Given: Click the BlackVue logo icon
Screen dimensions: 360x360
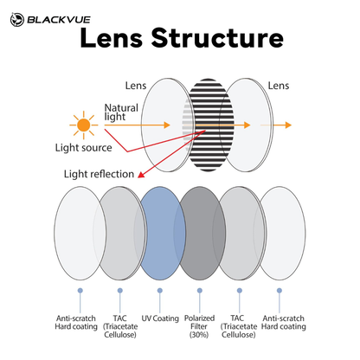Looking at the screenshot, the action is (x=17, y=20).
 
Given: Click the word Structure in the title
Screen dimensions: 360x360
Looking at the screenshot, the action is (x=217, y=38).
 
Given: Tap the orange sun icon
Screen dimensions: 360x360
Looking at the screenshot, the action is (x=84, y=125).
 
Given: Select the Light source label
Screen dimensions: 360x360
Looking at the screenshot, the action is (x=84, y=148).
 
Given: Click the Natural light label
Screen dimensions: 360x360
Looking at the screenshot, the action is (x=121, y=112).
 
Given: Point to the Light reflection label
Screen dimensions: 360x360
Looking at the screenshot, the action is (x=99, y=174).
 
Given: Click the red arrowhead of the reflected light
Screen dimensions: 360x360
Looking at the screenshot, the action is (x=141, y=174).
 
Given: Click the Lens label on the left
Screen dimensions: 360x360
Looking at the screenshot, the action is (x=136, y=86).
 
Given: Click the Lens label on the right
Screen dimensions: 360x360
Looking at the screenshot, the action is (x=279, y=86).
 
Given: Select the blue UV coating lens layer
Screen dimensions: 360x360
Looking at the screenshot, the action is (x=162, y=233).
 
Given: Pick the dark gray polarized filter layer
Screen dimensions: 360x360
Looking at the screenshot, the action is (x=201, y=233).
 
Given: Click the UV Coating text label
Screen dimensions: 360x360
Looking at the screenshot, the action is (x=160, y=318).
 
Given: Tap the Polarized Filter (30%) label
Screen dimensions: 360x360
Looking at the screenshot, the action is (x=199, y=326).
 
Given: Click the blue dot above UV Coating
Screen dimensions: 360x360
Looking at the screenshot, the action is (x=160, y=291).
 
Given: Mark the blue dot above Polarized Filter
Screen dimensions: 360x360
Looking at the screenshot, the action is (x=200, y=291).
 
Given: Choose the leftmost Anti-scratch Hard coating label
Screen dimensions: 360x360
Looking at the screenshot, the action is (x=76, y=323).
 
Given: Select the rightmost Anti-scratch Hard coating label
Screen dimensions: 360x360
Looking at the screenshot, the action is (x=284, y=323).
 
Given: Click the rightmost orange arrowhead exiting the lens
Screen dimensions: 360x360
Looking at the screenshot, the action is (x=288, y=125).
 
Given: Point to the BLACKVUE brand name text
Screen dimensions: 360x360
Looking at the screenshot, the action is (x=59, y=20).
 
